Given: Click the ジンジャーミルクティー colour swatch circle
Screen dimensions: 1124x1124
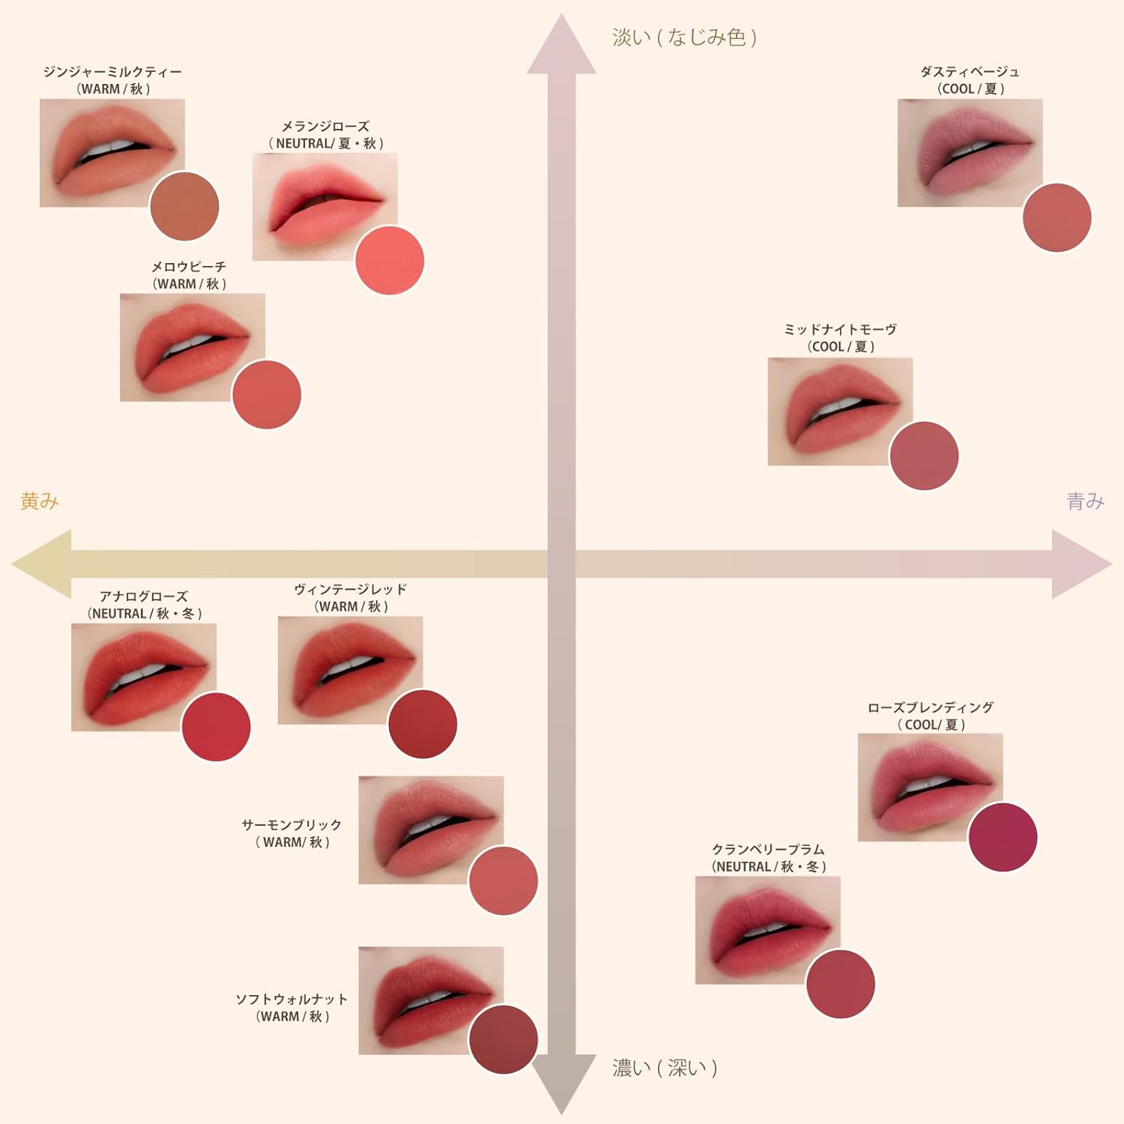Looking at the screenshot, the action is tap(184, 206).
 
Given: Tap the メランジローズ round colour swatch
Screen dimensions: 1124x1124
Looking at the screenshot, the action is tap(390, 260).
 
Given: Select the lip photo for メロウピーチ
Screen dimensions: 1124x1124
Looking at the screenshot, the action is tap(193, 347).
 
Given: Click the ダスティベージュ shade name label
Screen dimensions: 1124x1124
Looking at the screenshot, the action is tap(970, 72).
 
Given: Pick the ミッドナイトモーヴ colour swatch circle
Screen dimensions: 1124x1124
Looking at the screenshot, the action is tap(924, 456).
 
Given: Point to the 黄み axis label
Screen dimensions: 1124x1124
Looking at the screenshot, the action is tap(40, 501).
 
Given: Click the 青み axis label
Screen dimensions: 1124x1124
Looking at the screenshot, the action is tap(1086, 501).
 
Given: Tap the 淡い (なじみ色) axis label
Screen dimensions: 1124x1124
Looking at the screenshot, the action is tap(685, 37).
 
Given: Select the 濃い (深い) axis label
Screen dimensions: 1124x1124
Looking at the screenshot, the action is tap(665, 1067).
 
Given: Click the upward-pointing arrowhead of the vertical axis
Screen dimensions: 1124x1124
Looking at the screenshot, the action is tap(561, 45).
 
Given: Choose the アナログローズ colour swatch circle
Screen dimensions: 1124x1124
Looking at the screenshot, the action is tap(216, 727).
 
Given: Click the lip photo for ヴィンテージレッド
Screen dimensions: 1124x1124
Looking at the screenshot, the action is tap(351, 670).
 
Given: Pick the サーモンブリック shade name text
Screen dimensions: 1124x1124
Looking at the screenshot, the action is tap(291, 824).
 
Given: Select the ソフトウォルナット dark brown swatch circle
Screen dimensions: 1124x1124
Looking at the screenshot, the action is tap(504, 1039).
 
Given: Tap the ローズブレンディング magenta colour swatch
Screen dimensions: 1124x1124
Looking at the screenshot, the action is tap(1003, 837).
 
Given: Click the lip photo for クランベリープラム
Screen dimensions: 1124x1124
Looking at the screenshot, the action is tap(768, 930).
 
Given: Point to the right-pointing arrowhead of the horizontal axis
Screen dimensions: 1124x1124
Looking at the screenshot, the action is tap(1081, 563).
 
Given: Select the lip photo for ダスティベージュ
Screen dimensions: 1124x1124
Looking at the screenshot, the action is tap(970, 153).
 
